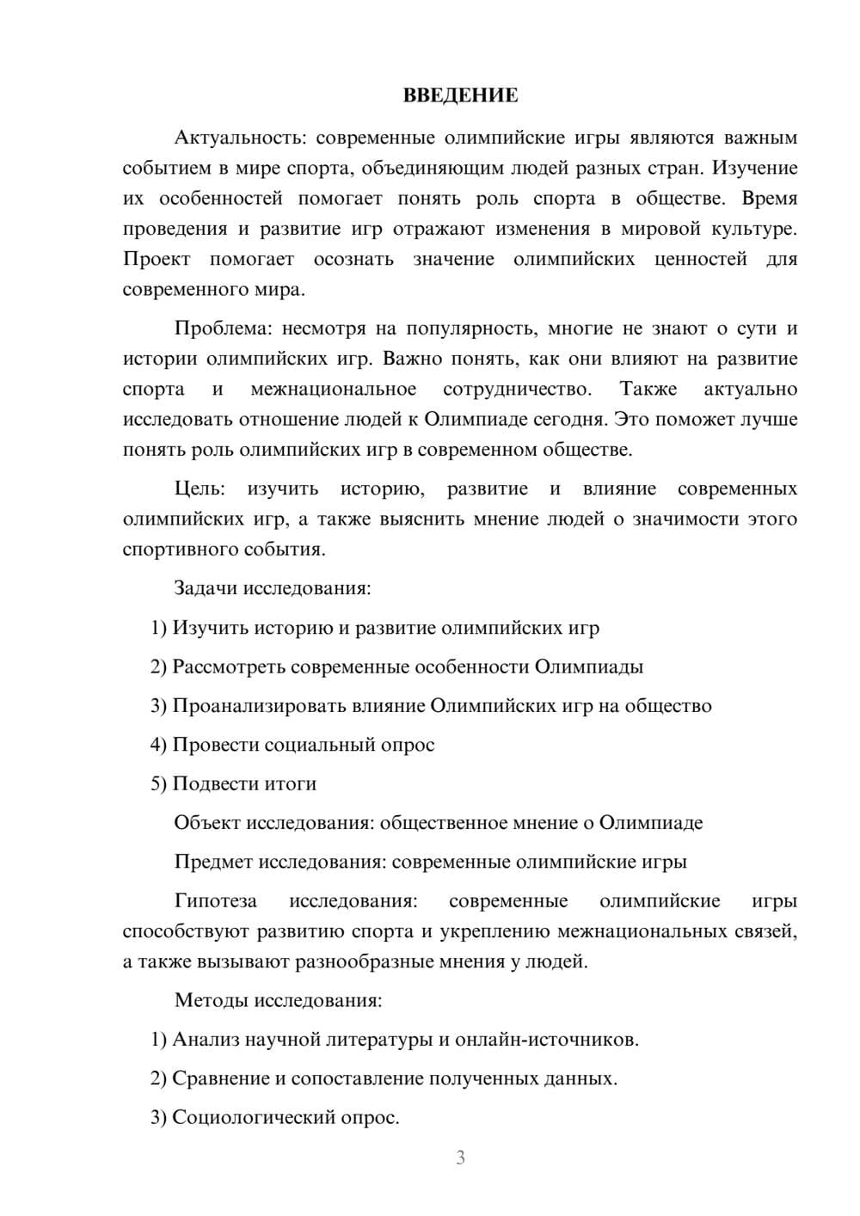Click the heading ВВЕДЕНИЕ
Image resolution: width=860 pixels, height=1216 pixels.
[460, 95]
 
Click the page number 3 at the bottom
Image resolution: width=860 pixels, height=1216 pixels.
[460, 1158]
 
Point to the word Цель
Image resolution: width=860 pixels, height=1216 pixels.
[200, 489]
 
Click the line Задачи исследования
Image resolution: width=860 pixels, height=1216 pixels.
[273, 588]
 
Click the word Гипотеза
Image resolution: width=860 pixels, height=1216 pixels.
[215, 901]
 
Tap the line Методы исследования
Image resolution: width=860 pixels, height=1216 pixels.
[278, 1000]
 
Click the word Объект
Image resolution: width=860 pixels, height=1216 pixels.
[207, 823]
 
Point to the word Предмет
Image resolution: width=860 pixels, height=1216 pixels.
[213, 862]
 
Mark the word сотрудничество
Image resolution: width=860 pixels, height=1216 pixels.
[517, 390]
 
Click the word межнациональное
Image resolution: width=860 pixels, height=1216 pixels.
[333, 390]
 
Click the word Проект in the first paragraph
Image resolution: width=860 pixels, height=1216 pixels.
[157, 259]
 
